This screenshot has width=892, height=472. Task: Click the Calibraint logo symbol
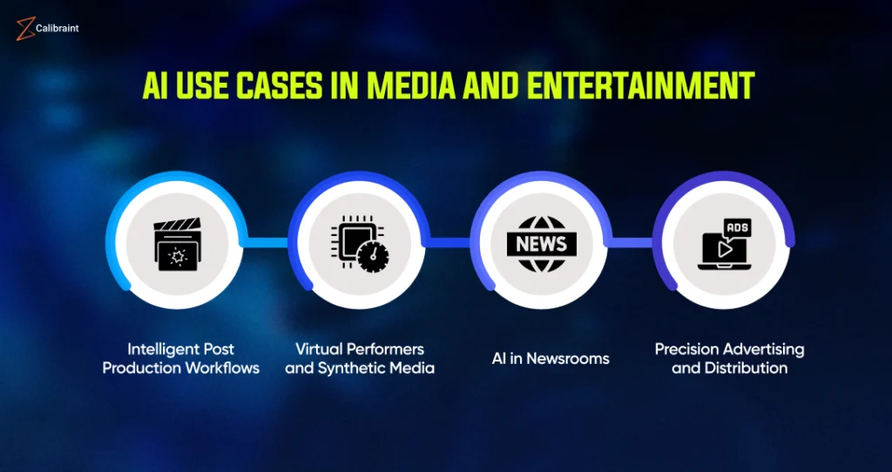(25, 29)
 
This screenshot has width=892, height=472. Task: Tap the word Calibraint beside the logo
(58, 28)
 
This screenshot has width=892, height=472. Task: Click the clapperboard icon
(177, 244)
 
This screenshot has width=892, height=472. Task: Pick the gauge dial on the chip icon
(373, 257)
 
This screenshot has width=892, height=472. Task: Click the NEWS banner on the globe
(542, 244)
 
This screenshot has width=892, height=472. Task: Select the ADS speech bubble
(737, 229)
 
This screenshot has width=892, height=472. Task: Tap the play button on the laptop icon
(724, 250)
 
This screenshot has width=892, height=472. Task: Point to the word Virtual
(314, 348)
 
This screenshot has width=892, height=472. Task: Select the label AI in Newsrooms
(551, 359)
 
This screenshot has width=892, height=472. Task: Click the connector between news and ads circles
(631, 243)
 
